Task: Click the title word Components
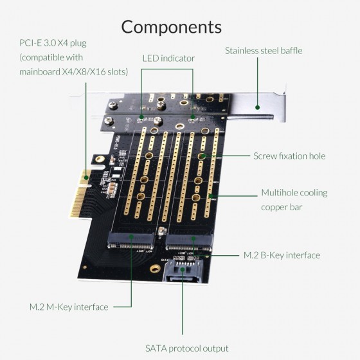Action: (x=172, y=26)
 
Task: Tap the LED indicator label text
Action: (x=168, y=59)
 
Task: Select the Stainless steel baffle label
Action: (x=263, y=50)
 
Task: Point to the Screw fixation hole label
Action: (x=289, y=156)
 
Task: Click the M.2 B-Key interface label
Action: (x=282, y=255)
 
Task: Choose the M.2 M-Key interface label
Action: (x=69, y=307)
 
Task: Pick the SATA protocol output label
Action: (x=186, y=348)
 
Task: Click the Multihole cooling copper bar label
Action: (x=294, y=199)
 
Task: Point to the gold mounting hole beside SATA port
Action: (x=154, y=270)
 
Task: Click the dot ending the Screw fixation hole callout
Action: (x=203, y=156)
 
